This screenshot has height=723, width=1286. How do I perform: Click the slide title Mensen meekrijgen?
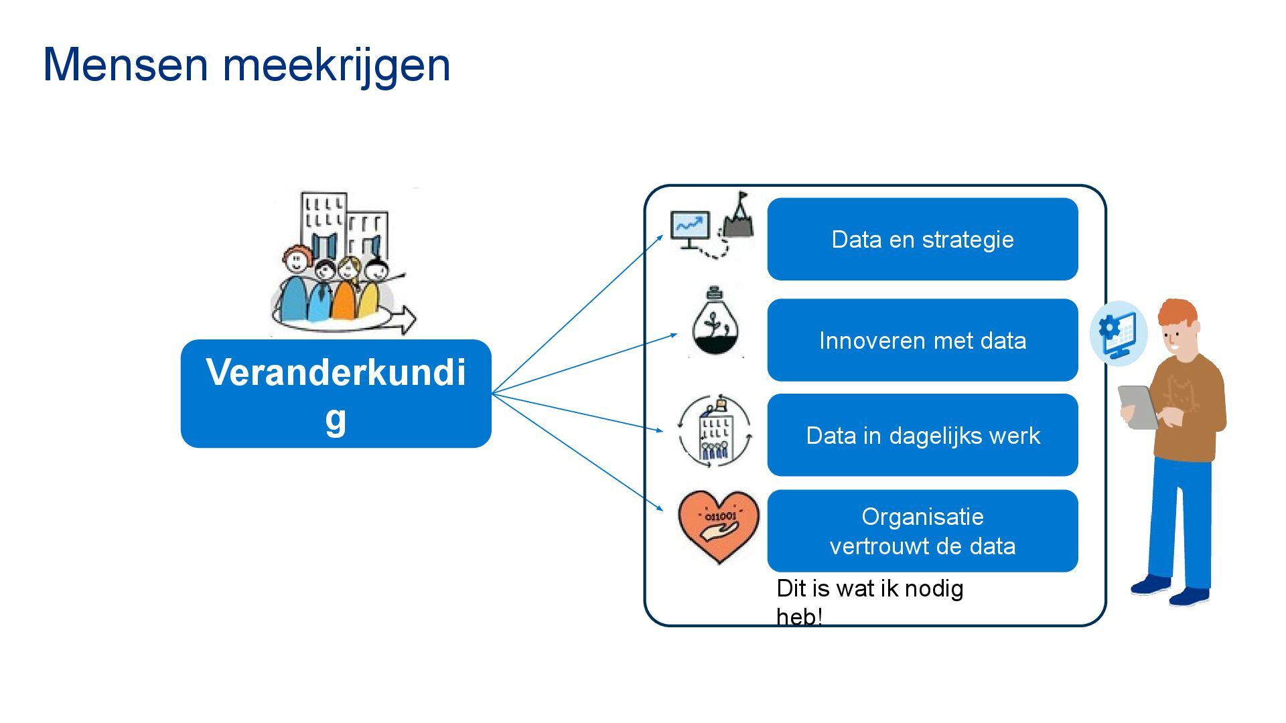point(246,65)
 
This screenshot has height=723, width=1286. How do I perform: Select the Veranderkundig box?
point(336,394)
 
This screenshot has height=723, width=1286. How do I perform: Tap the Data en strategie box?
point(922,239)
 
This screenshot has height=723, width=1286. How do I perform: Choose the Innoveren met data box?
point(922,340)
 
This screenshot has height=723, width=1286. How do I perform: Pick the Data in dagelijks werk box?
point(922,435)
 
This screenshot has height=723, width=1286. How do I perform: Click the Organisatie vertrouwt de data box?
point(922,531)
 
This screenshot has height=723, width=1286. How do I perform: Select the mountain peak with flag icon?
point(738,218)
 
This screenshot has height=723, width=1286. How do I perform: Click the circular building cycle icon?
point(715,430)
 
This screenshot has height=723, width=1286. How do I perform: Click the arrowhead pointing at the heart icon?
point(659,508)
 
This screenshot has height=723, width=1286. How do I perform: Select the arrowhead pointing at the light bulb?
point(673,335)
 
